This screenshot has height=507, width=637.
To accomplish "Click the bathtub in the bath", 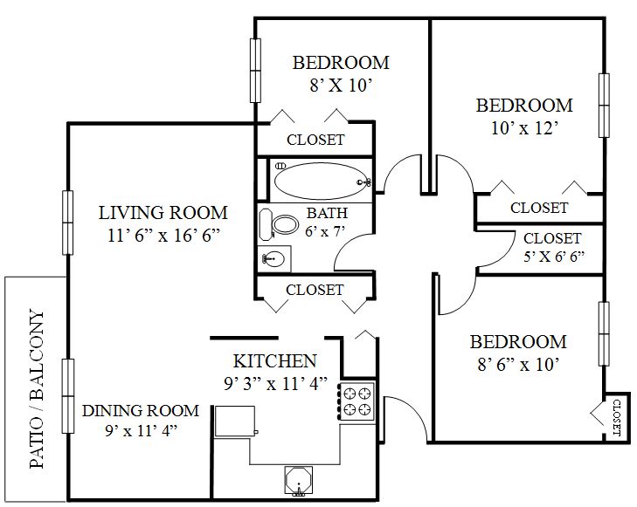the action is click(321, 181).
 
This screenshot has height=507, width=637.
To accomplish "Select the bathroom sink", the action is click(274, 258).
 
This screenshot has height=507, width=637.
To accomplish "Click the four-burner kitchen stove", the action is click(357, 401).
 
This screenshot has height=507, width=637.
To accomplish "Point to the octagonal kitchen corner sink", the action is click(299, 481).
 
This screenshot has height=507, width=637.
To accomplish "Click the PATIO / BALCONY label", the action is click(37, 388).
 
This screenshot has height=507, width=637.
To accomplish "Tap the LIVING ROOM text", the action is click(163, 213).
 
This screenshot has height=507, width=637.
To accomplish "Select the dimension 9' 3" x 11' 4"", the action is click(275, 383).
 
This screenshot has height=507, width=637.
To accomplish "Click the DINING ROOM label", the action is click(141, 410).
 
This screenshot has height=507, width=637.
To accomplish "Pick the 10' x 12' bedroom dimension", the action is click(524, 128).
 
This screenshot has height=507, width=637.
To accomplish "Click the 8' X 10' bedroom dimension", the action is click(341, 86).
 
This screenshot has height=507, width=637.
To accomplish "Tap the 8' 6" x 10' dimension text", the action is click(518, 364).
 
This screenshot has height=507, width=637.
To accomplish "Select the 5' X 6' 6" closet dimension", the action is click(553, 257).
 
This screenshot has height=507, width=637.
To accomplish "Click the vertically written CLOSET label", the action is click(616, 418).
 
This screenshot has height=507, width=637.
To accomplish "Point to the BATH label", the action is click(327, 213).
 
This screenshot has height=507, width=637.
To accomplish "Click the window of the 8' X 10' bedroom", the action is click(255, 71).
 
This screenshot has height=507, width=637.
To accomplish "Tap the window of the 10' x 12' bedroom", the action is click(604, 106).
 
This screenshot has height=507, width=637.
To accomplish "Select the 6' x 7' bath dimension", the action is click(325, 231).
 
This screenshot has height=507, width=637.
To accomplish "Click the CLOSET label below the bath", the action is click(315, 290).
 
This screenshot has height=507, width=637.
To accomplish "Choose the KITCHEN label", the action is click(275, 361).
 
